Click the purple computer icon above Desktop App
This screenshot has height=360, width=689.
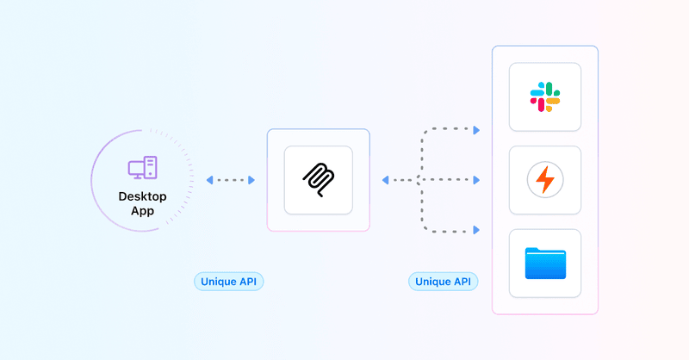(x=142, y=167)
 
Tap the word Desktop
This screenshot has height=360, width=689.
(x=142, y=196)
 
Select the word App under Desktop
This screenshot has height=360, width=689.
(x=142, y=211)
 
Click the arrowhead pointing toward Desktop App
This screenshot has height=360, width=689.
(x=209, y=180)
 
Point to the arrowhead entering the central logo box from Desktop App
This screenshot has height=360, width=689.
(x=251, y=180)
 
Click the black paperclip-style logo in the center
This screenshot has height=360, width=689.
(x=318, y=180)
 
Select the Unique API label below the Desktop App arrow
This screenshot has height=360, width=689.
(x=228, y=282)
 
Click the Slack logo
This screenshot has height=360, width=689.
(x=544, y=96)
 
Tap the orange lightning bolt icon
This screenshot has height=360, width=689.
(x=544, y=180)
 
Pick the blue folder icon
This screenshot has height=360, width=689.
(x=544, y=263)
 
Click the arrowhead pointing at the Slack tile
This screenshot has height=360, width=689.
(x=475, y=130)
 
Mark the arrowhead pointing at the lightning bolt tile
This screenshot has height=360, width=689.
(x=475, y=180)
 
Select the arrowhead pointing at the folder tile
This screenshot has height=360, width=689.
(x=475, y=230)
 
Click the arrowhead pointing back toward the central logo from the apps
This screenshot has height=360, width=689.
(x=385, y=180)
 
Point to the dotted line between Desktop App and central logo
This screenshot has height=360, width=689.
(x=231, y=180)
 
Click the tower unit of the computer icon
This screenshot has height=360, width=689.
(x=151, y=166)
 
